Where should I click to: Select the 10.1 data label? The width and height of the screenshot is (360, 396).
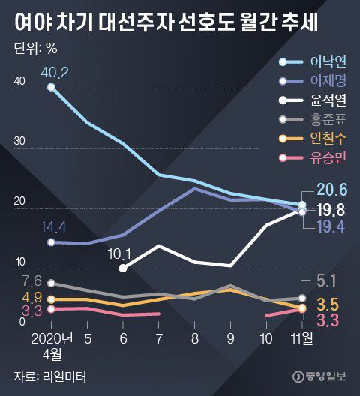click(120, 253)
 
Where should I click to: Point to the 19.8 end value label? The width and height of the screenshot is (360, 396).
click(330, 209)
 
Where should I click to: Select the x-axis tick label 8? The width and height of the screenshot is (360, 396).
click(194, 338)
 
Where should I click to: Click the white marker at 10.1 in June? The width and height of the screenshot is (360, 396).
click(123, 268)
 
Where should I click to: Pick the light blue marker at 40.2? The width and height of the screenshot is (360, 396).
click(51, 88)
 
